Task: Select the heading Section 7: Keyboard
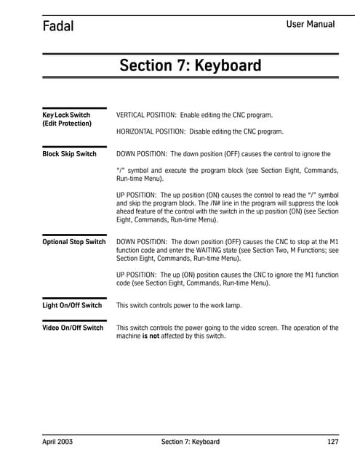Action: [x=190, y=66]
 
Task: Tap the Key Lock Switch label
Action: [x=66, y=115]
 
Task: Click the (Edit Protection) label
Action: [x=67, y=124]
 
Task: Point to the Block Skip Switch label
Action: [x=69, y=154]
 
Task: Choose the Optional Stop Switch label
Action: [x=73, y=241]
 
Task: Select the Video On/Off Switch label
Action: [x=73, y=328]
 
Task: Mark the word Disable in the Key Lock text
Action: [x=205, y=132]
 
